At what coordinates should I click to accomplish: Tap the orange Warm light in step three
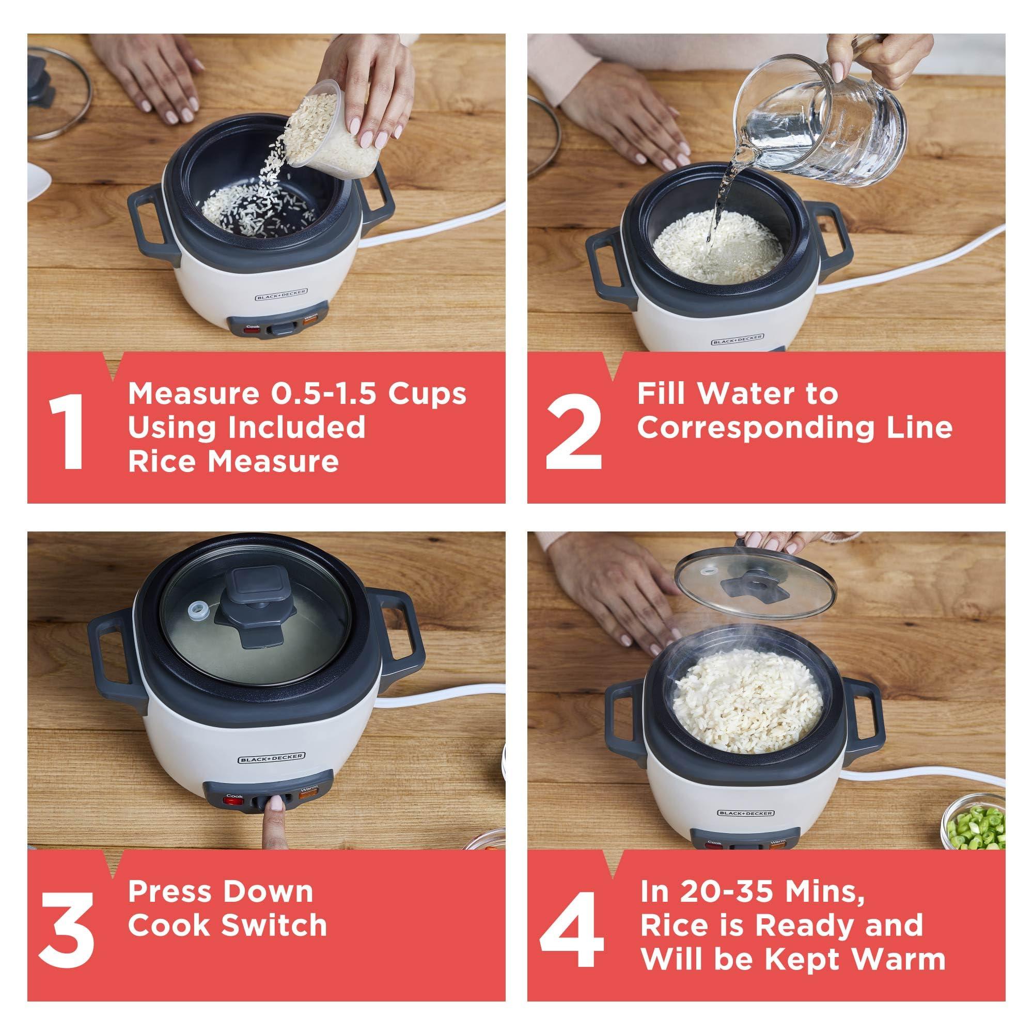pos(308,794)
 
